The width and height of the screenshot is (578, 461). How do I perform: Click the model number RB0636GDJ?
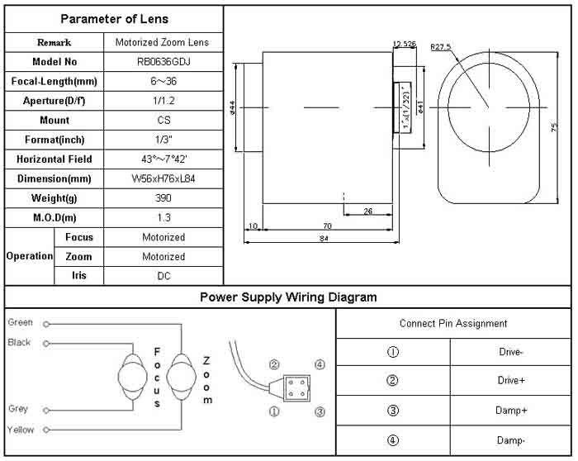point(163,62)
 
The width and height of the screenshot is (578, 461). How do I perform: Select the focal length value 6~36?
point(163,82)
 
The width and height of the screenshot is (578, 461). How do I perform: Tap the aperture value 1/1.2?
point(163,101)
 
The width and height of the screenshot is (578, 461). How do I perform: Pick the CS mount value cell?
point(163,121)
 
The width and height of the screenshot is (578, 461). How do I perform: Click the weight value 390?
point(163,198)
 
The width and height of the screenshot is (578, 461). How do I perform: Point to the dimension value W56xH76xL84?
point(163,178)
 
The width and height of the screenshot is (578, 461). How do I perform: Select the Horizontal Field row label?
point(54,159)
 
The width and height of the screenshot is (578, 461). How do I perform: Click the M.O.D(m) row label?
point(54,217)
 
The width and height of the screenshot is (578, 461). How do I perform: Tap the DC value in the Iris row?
point(163,276)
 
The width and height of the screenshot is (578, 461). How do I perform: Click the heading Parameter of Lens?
point(114,19)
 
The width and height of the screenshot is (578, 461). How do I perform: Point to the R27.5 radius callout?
point(441,47)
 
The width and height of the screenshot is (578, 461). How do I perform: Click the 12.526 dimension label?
point(404,43)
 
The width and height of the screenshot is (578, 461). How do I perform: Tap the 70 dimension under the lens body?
point(327,225)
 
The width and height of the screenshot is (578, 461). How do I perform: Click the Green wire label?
point(21,322)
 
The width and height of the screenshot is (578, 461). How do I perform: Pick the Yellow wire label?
point(21,430)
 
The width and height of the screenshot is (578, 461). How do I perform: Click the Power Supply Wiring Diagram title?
point(288,297)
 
